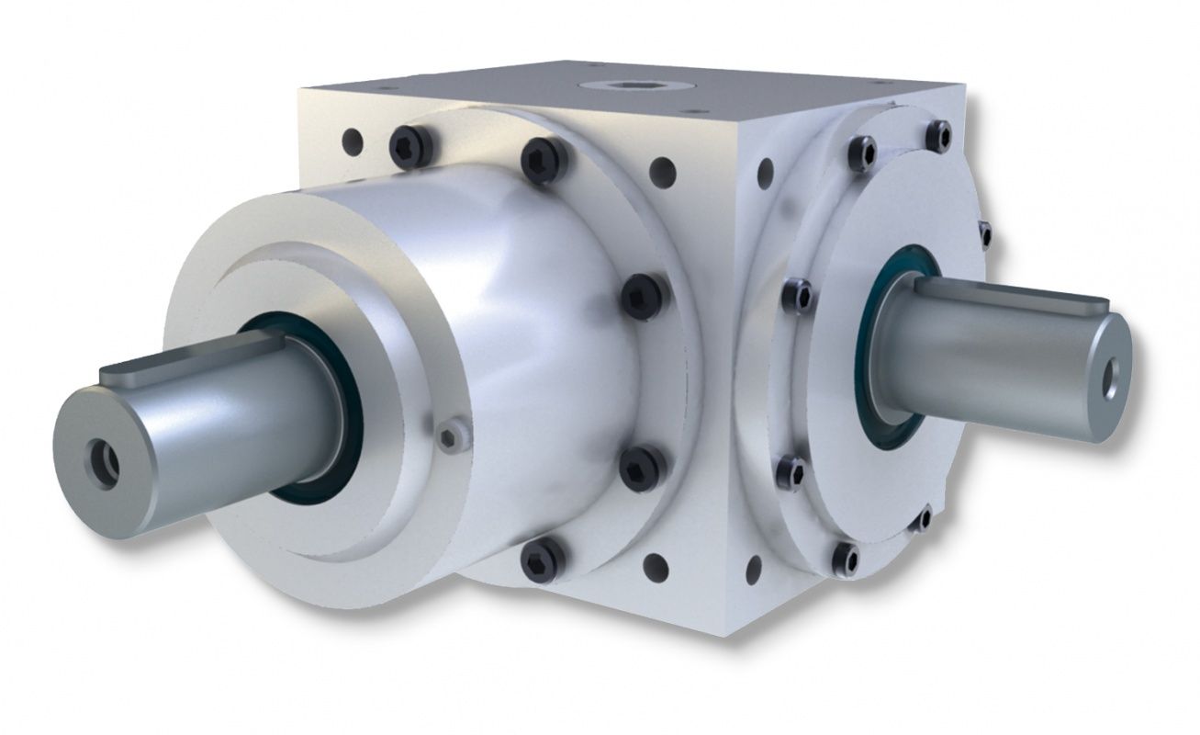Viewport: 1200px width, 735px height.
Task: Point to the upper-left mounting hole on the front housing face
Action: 351,141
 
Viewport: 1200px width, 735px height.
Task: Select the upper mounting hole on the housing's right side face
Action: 763,169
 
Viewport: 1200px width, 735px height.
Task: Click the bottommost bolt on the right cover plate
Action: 845,557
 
